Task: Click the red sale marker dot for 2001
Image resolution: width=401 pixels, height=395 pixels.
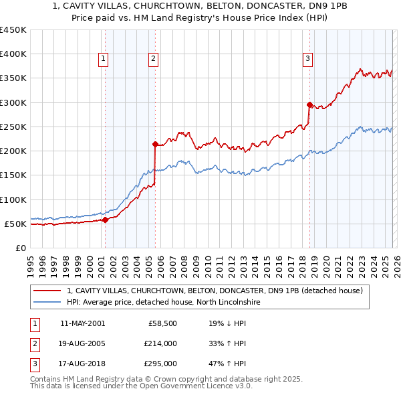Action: click(105, 219)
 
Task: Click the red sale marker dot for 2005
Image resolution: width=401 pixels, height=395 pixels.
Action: click(155, 144)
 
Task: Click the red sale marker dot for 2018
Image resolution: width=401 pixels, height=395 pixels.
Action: click(309, 104)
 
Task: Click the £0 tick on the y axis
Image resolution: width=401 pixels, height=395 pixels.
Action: click(21, 248)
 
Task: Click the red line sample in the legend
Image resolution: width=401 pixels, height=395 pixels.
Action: click(48, 291)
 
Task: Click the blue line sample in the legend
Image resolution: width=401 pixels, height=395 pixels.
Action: click(48, 302)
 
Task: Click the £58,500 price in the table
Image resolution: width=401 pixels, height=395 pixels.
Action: click(162, 323)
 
